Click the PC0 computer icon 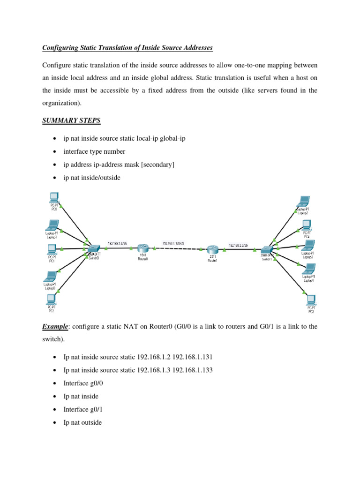click(53, 197)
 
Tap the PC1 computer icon click(52, 248)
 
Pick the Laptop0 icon click(51, 277)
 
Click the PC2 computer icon click(51, 300)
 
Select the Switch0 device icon click(93, 248)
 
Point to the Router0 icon click(143, 249)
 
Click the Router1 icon click(212, 250)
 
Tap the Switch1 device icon click(268, 250)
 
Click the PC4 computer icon click(307, 224)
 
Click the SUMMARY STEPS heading click(71, 121)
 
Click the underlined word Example click(55, 326)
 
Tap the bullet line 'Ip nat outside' click(82, 422)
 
